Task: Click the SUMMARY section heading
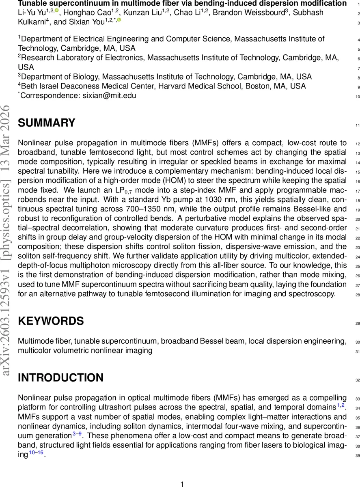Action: [47, 123]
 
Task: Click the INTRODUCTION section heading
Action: [60, 378]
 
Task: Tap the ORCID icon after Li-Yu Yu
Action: [56, 11]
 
